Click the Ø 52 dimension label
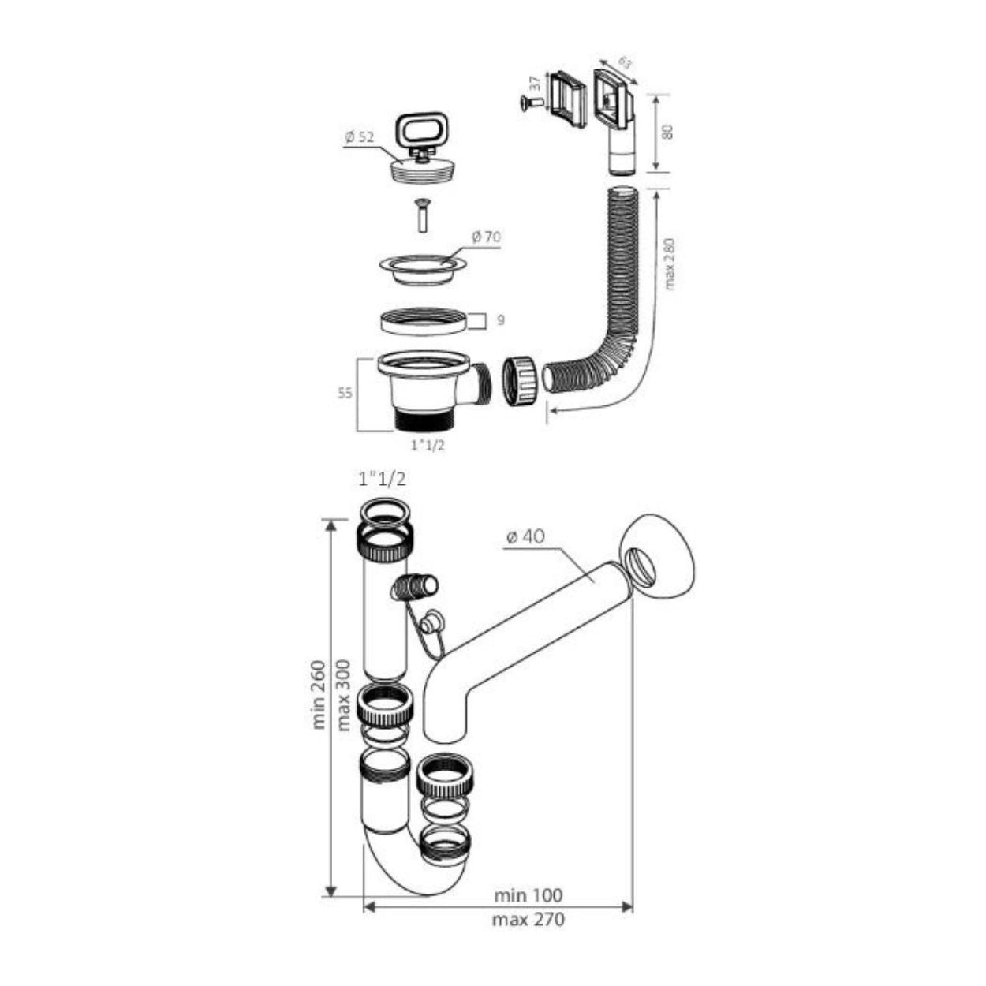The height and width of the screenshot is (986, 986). tap(360, 137)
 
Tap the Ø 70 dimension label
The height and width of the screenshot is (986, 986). tap(487, 237)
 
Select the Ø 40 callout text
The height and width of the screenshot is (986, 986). tap(525, 536)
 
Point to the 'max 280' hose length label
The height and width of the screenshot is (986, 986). tap(670, 264)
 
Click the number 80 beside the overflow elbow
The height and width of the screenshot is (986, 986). tap(667, 132)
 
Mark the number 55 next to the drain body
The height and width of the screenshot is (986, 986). tap(345, 393)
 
